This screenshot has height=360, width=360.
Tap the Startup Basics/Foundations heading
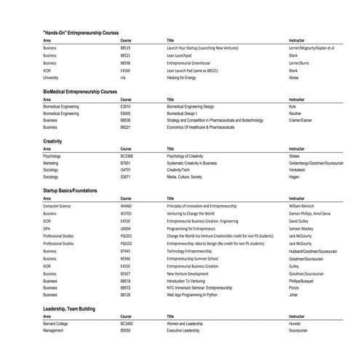coord(80,190)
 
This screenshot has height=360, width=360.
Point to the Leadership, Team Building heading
coord(77,309)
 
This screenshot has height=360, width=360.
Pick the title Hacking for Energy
coord(182,77)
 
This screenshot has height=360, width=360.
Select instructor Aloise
coord(294,77)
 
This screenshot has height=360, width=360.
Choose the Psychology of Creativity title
coord(185,156)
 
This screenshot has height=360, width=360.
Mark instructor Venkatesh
coord(299,169)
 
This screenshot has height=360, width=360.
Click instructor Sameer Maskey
coord(303,228)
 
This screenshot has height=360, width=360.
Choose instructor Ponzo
coord(294,287)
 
